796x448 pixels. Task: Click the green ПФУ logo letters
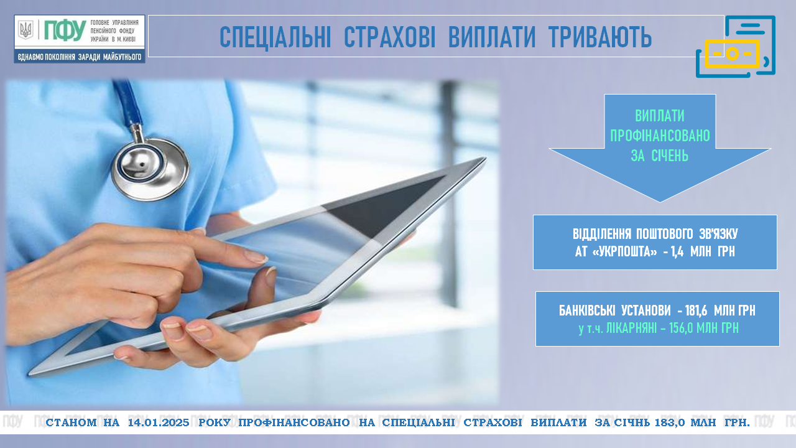pyautogui.click(x=65, y=30)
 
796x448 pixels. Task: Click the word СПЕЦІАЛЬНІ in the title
pyautogui.click(x=275, y=37)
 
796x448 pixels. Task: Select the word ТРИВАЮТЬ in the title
pyautogui.click(x=600, y=37)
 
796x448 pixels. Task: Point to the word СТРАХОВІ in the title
pyautogui.click(x=389, y=37)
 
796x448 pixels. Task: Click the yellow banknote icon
pyautogui.click(x=732, y=54)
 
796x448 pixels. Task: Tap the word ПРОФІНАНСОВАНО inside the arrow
pyautogui.click(x=660, y=136)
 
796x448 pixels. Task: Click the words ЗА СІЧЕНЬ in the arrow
pyautogui.click(x=660, y=156)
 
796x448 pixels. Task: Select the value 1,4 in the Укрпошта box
pyautogui.click(x=677, y=252)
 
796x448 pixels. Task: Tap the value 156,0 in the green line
pyautogui.click(x=681, y=328)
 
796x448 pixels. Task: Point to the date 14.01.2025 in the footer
pyautogui.click(x=159, y=422)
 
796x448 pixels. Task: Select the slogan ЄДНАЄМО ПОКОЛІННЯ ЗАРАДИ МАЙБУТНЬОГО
pyautogui.click(x=79, y=57)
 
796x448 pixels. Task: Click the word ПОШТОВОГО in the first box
pyautogui.click(x=665, y=234)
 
